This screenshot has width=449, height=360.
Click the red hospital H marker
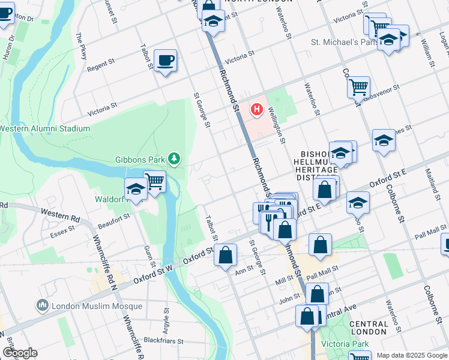coord(257,109)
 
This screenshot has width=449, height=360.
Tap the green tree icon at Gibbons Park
coord(174,158)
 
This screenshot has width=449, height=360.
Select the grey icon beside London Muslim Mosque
coord(43,305)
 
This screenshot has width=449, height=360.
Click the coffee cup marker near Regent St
coord(165,61)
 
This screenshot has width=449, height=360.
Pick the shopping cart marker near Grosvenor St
coord(358,87)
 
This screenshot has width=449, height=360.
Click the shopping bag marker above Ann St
coord(226,255)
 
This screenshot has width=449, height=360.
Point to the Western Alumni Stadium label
coord(44,128)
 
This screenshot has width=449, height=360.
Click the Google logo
coord(20,353)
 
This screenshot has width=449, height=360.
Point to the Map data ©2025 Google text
coord(411,355)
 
